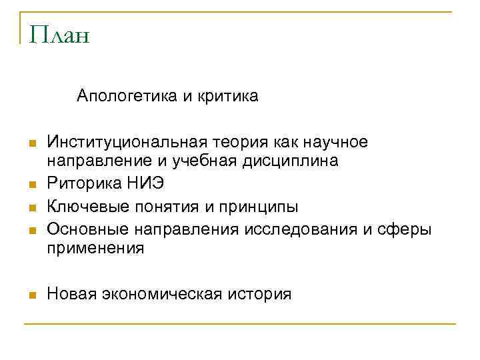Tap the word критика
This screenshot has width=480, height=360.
click(230, 97)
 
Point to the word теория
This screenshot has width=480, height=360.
click(240, 142)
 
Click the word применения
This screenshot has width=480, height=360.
click(95, 249)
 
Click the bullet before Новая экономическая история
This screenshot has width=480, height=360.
click(31, 295)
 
